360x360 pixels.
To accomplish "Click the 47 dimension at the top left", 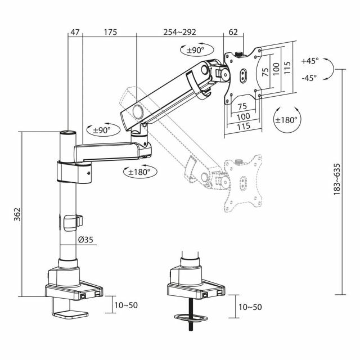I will point(74,32).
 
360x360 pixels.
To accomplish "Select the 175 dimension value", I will point(110,32).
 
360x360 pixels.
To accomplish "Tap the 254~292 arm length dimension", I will point(181,32).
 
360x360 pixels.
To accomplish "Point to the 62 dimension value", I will point(233,32).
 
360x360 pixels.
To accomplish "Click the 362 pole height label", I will point(17,214).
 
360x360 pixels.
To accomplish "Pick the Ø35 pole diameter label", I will point(85,240).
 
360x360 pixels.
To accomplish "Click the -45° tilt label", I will point(309,78).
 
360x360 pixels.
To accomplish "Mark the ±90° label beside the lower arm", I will point(102,130).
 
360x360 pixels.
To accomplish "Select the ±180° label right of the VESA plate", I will point(286,120).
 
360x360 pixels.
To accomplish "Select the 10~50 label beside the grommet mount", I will point(250,307).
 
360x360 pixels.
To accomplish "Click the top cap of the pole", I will point(67,133).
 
